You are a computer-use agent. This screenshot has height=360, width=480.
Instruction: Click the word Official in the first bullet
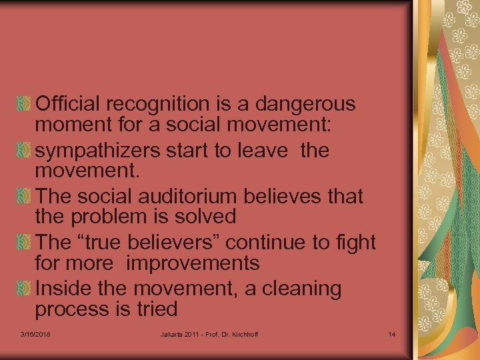pos(68,104)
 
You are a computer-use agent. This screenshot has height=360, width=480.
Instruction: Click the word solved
pos(203,217)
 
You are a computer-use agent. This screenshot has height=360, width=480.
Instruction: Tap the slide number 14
pos(391,334)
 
